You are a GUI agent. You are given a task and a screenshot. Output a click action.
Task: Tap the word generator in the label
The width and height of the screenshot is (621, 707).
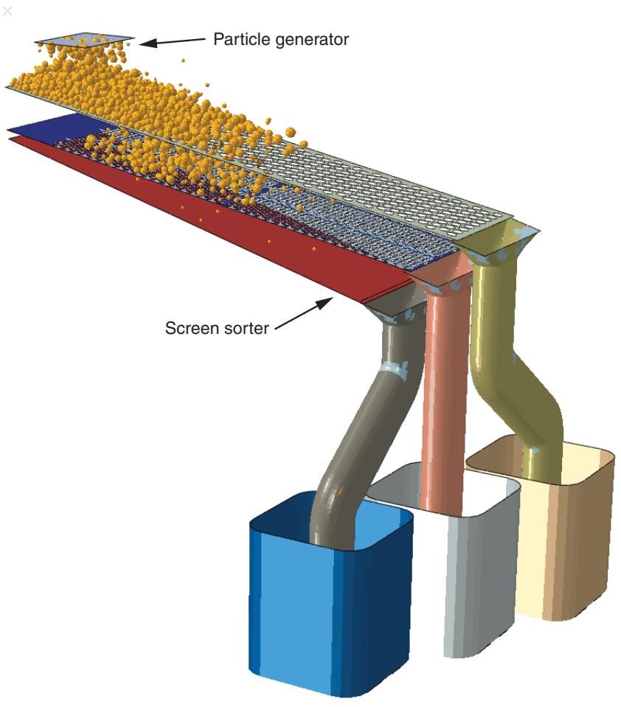(x=312, y=40)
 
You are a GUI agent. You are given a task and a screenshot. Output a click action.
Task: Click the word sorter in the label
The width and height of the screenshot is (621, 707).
(x=246, y=328)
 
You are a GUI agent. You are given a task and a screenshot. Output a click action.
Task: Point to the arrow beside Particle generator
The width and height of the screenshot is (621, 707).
(x=173, y=41)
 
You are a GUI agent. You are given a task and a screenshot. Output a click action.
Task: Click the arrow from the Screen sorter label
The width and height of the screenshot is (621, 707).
(x=304, y=314)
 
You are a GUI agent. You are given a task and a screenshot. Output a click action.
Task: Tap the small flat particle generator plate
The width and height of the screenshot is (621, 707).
(x=85, y=38)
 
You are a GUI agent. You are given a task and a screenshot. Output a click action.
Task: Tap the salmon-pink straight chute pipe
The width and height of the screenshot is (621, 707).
(x=442, y=397)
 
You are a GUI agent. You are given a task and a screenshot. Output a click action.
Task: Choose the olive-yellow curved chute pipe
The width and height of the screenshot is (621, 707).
(x=514, y=370)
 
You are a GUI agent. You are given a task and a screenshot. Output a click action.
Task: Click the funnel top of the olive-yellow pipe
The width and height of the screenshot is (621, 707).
(x=501, y=243)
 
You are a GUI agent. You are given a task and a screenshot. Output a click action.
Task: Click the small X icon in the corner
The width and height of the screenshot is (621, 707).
(x=7, y=10)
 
